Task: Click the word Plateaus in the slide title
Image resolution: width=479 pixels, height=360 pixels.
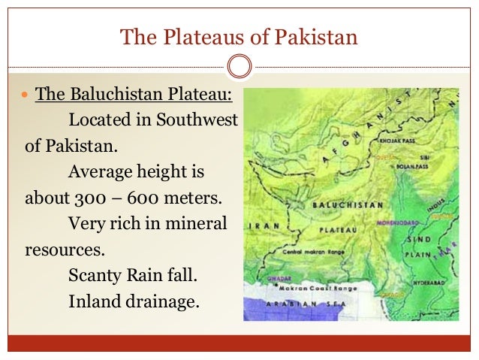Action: coord(191,36)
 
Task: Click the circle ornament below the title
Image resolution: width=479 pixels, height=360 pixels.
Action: coord(239,67)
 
